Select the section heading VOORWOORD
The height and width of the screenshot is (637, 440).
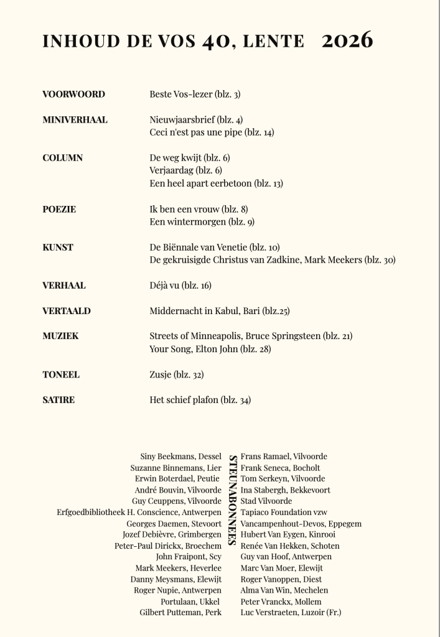[73, 95]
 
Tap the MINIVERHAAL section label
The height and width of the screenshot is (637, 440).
[75, 120]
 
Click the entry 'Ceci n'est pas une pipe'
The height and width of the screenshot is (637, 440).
[212, 133]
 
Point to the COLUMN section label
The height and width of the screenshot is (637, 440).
[62, 158]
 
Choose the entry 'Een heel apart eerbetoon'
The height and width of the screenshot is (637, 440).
[216, 184]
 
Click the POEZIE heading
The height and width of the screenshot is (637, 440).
[59, 209]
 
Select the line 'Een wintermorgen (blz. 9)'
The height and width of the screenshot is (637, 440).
[202, 221]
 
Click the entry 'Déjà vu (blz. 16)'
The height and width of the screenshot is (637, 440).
[180, 286]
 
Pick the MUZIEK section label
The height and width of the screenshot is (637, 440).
[60, 336]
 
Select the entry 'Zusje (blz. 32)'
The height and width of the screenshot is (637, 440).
[176, 374]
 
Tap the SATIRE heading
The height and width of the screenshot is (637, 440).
[59, 400]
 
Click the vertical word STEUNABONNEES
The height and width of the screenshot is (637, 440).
[231, 500]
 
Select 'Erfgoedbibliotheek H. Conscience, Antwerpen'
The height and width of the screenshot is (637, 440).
[139, 513]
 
